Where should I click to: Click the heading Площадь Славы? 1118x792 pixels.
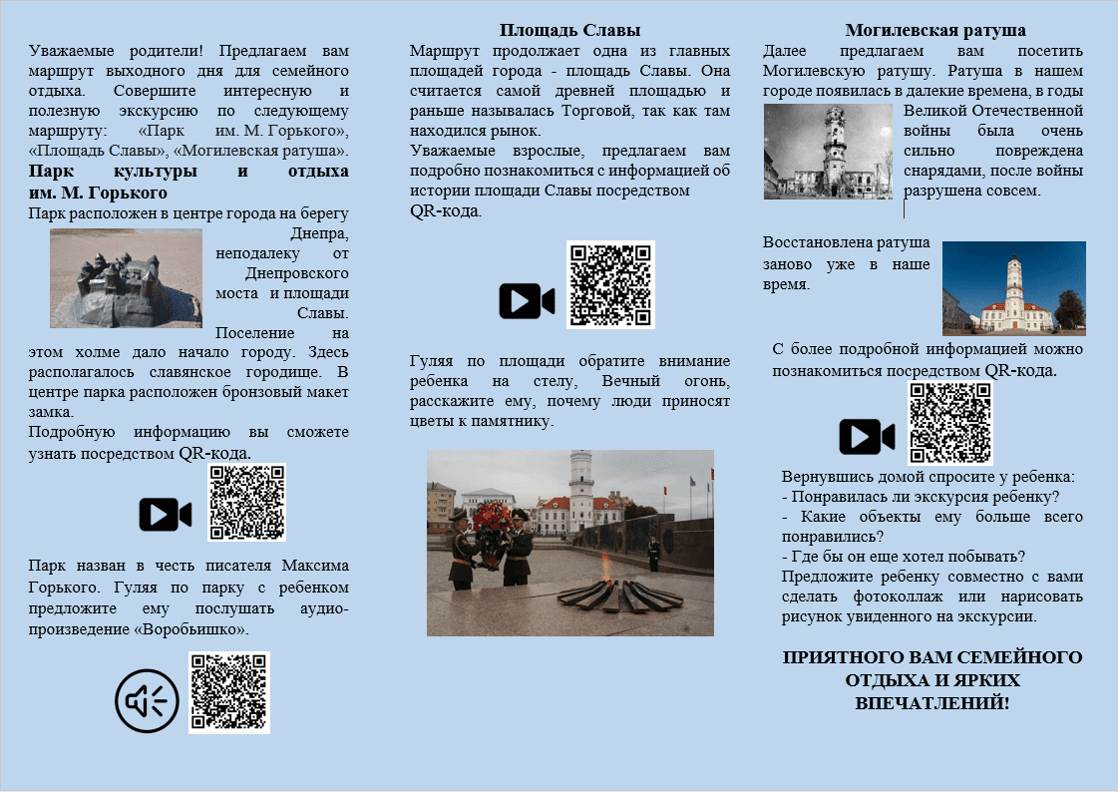[569, 30]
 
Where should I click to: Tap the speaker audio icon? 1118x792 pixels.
[147, 701]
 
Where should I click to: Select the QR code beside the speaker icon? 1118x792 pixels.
[229, 692]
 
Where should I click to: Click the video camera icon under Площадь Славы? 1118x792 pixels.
[527, 300]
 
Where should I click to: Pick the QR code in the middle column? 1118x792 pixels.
[610, 284]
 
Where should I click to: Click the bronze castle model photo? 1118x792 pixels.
[126, 278]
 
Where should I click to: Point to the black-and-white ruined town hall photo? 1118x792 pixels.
[828, 152]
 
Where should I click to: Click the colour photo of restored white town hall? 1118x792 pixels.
[1013, 288]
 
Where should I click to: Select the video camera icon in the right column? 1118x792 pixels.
[866, 436]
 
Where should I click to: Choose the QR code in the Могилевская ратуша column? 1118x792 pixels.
[949, 423]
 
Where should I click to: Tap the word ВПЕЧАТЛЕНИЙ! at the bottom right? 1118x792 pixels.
[932, 702]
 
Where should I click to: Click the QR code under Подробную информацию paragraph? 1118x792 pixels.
[246, 502]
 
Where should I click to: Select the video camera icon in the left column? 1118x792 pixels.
[165, 514]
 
